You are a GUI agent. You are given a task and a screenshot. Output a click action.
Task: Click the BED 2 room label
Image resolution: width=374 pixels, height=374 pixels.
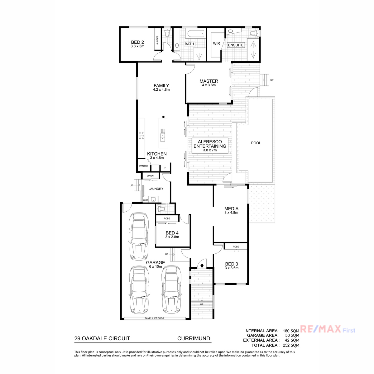(137, 42)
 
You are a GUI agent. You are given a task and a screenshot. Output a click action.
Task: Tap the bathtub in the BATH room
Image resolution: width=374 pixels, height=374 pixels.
(196, 34)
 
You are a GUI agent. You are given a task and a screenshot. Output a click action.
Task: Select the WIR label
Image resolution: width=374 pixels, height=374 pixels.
(216, 43)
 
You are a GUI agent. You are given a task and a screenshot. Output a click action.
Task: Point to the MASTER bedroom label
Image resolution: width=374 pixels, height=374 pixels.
(209, 81)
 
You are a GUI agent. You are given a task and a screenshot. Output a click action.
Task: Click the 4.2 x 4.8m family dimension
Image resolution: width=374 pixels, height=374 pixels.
(161, 90)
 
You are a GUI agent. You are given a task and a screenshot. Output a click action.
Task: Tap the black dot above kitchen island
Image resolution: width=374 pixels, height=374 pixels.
(163, 117)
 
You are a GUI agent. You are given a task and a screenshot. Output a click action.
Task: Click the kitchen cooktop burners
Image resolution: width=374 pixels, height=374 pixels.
(141, 135)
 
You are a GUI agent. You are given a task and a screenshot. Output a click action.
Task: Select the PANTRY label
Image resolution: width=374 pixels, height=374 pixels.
(144, 166)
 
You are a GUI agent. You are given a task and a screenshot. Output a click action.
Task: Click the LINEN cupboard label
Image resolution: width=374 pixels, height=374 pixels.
(150, 176)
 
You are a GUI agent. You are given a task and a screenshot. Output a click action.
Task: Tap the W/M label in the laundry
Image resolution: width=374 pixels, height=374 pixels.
(145, 200)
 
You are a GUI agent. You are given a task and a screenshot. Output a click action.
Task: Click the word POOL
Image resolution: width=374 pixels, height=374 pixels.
(256, 143)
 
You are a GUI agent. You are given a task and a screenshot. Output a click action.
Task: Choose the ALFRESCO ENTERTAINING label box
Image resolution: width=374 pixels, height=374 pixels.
(210, 146)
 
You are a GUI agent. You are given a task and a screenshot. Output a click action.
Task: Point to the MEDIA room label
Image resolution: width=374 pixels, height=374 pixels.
(231, 209)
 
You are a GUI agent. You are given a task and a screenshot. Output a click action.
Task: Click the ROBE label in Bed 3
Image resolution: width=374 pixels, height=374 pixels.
(236, 247)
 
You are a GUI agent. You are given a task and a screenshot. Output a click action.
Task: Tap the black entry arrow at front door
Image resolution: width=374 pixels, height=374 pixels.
(202, 265)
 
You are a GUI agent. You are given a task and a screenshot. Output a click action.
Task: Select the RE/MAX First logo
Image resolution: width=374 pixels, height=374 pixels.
(328, 329)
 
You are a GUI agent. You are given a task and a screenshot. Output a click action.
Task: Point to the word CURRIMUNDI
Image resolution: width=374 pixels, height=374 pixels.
(194, 339)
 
